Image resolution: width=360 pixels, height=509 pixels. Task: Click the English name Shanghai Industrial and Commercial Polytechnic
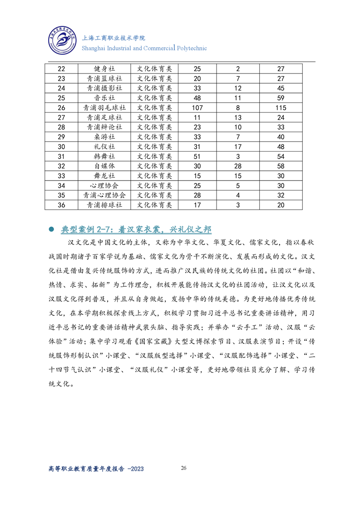click(x=144, y=48)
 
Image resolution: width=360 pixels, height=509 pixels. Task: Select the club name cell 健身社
click(x=104, y=69)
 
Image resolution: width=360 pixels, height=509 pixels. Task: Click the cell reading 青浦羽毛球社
click(x=104, y=108)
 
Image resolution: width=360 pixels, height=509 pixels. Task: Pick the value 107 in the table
click(x=197, y=108)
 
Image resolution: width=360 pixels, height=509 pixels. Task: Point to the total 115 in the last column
click(x=281, y=108)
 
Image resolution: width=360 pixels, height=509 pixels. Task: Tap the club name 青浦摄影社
click(x=104, y=88)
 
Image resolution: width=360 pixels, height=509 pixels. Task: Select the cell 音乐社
click(x=104, y=98)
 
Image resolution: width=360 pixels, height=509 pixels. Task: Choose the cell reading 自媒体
click(x=104, y=166)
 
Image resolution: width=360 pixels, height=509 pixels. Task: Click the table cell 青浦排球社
click(x=104, y=205)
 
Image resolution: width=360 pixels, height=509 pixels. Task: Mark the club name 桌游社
click(x=104, y=137)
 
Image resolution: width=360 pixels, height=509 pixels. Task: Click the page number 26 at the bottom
click(x=183, y=468)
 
